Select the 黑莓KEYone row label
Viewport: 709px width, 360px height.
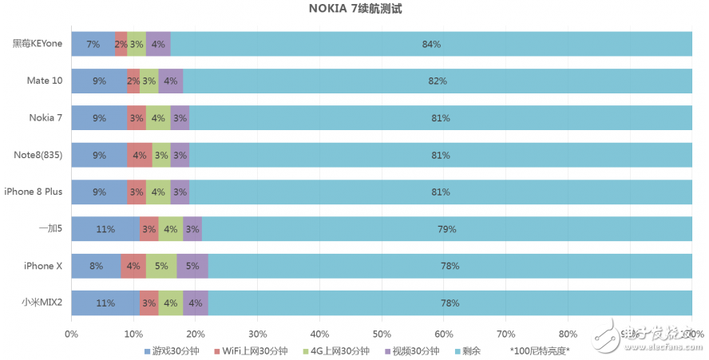pos(37,44)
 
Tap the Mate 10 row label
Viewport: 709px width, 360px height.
pos(44,81)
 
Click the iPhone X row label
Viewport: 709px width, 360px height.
pos(43,266)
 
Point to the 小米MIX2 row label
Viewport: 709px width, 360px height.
pos(42,303)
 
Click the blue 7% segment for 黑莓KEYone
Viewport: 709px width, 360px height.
pos(93,44)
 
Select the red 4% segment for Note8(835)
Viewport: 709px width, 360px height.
pos(140,155)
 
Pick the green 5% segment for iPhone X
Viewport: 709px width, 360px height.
pos(160,266)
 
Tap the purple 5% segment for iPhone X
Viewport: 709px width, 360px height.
pos(192,266)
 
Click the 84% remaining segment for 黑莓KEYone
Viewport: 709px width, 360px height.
pos(431,44)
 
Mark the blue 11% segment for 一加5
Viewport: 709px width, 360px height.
pos(105,229)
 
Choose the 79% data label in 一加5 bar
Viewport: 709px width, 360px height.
pos(446,229)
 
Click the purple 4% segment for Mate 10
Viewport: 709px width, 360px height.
pos(170,81)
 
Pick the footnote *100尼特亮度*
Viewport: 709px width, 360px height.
pos(541,351)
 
